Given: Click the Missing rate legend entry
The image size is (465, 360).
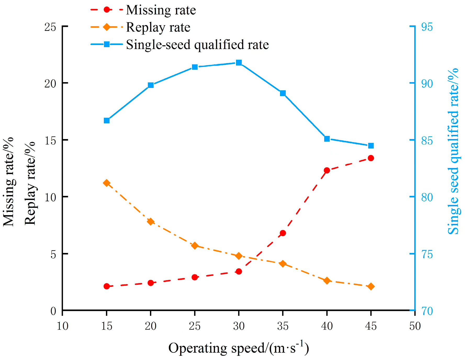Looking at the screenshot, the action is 143,10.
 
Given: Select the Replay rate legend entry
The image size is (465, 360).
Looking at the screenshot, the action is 140,27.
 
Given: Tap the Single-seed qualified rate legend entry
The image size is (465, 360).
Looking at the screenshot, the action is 180,45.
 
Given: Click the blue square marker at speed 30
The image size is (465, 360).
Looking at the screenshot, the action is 239,63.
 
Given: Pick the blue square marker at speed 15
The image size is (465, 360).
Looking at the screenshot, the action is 107,120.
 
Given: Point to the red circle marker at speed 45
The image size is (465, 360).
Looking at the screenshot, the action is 371,158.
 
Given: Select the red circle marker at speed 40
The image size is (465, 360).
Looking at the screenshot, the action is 327,170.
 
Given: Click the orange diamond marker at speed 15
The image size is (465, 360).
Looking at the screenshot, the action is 107,183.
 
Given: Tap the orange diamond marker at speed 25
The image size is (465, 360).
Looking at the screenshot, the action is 195,246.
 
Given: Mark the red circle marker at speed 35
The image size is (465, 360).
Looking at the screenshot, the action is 283,233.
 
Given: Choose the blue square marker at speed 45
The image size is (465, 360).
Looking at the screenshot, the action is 371,146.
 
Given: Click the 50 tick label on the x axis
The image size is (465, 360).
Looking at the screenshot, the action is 415,326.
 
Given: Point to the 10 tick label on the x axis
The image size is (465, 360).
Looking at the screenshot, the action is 63,326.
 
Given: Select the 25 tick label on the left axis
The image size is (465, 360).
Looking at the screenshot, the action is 51,27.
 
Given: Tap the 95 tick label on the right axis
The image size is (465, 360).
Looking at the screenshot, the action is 427,27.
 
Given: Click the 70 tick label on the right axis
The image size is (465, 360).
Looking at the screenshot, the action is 427,311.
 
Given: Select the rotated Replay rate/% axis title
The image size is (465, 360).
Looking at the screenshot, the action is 30,183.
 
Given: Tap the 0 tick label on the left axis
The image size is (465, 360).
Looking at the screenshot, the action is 53,311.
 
